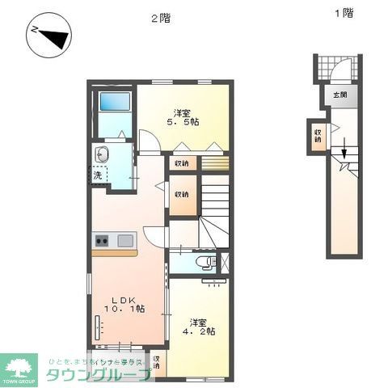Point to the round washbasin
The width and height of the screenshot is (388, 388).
[103, 155]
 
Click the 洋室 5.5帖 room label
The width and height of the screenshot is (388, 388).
[183, 117]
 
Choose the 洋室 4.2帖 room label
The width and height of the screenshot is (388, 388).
[198, 325]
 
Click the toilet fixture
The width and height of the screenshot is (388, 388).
[207, 262]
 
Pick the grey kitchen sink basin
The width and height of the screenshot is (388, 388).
[127, 240]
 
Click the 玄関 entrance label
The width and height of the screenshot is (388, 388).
[338, 95]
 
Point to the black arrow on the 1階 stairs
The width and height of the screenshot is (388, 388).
[344, 151]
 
